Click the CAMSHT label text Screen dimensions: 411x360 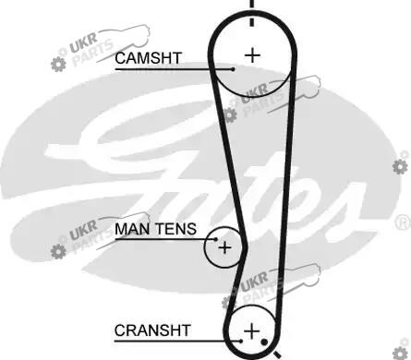[148, 58]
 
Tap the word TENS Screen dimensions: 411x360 [175, 229]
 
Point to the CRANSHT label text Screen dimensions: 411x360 [152, 330]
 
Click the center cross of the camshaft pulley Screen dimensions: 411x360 [252, 55]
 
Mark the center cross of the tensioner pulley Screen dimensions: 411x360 [224, 247]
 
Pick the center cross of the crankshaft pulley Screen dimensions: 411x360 [252, 331]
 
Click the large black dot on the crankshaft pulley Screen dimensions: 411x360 [264, 342]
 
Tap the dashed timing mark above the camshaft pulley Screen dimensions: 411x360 [252, 12]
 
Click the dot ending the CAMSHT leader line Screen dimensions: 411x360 [233, 69]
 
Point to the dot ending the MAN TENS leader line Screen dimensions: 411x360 [216, 239]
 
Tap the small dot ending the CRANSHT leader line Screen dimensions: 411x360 [240, 341]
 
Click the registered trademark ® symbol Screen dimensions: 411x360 [404, 222]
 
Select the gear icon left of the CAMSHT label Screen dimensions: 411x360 [58, 64]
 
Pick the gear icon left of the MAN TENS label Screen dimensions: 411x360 [58, 251]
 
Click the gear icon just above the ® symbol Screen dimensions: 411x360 [400, 166]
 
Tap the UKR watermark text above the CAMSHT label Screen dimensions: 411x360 [83, 43]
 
